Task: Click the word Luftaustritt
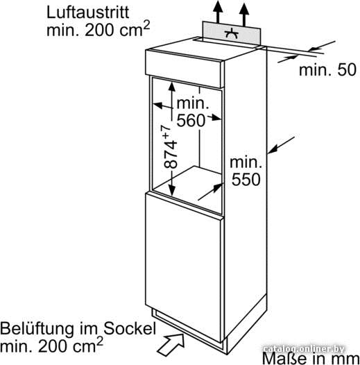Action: [87, 12]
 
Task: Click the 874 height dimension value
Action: [171, 154]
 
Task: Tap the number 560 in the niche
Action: [191, 121]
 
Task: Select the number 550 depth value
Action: [246, 179]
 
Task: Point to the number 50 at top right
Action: [347, 69]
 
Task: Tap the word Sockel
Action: [130, 328]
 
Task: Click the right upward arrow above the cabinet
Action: [244, 14]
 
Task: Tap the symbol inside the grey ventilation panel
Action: [232, 34]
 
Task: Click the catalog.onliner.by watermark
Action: [303, 349]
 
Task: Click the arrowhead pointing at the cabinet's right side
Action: [273, 150]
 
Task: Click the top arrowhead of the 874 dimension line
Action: [172, 87]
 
